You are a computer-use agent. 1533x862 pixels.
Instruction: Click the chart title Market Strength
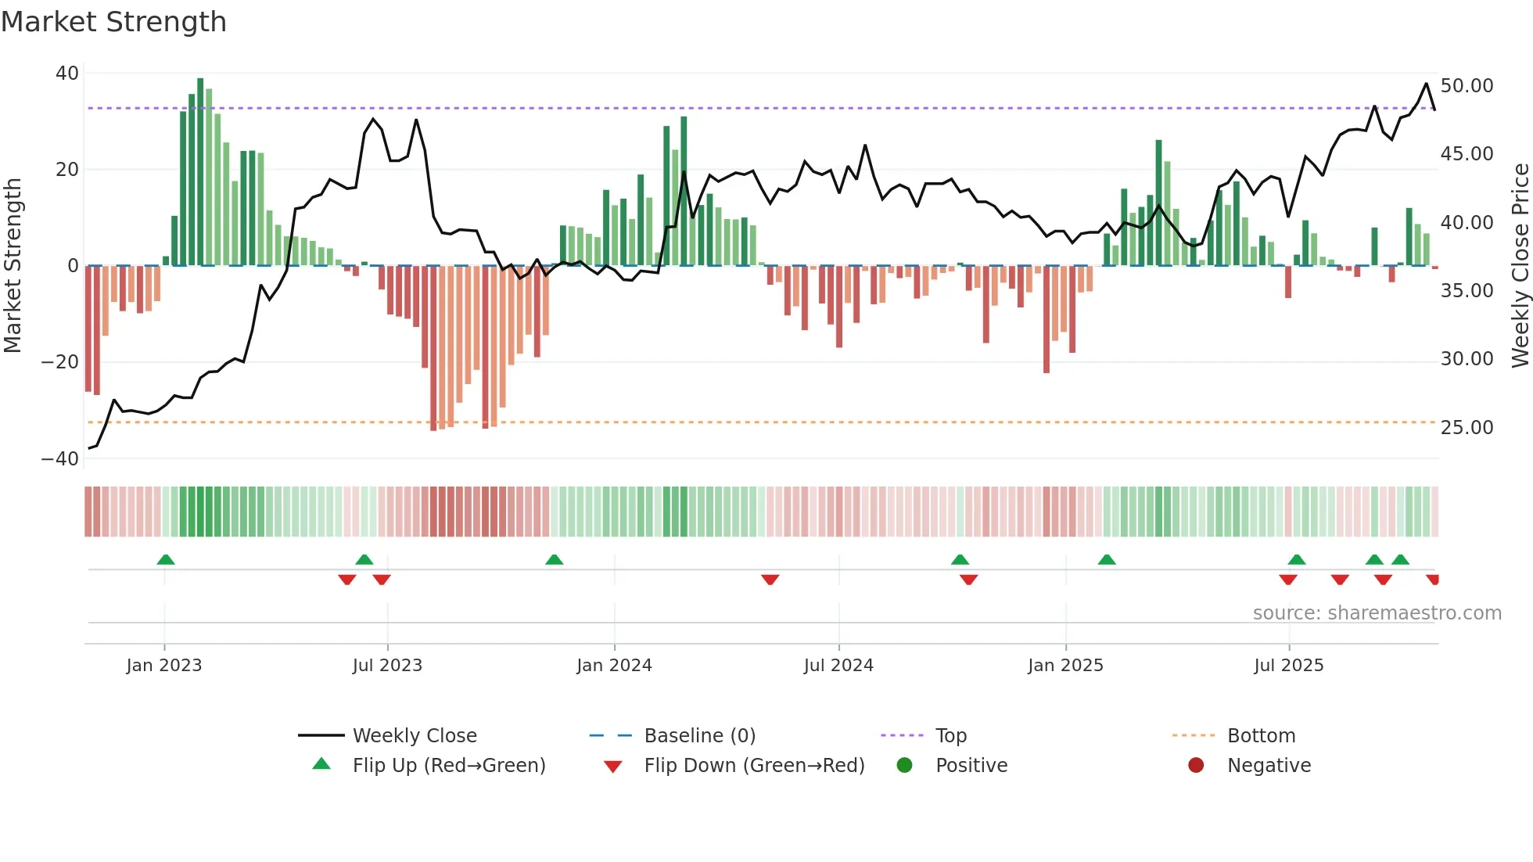(x=113, y=22)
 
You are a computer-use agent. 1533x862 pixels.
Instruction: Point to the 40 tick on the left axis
(x=67, y=74)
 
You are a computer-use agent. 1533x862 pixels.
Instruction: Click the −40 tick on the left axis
(x=60, y=459)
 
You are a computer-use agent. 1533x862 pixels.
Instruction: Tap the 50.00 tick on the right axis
(x=1467, y=86)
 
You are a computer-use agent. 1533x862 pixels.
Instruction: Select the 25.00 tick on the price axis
(x=1467, y=428)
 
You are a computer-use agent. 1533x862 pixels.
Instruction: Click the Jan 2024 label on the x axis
(x=614, y=666)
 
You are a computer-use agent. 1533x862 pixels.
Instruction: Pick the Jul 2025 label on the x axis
(x=1288, y=666)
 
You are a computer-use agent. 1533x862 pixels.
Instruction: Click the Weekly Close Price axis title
(x=1520, y=266)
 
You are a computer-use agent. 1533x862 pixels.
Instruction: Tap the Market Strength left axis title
(x=13, y=266)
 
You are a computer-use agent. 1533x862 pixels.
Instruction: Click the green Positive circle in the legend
(x=905, y=766)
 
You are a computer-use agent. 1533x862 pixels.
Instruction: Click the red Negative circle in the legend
(x=1196, y=766)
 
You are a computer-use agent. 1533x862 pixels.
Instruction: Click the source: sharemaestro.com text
(x=1377, y=613)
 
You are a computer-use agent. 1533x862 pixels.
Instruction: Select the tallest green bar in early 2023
(x=200, y=172)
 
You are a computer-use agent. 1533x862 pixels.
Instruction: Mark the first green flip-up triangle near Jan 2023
(x=166, y=560)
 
